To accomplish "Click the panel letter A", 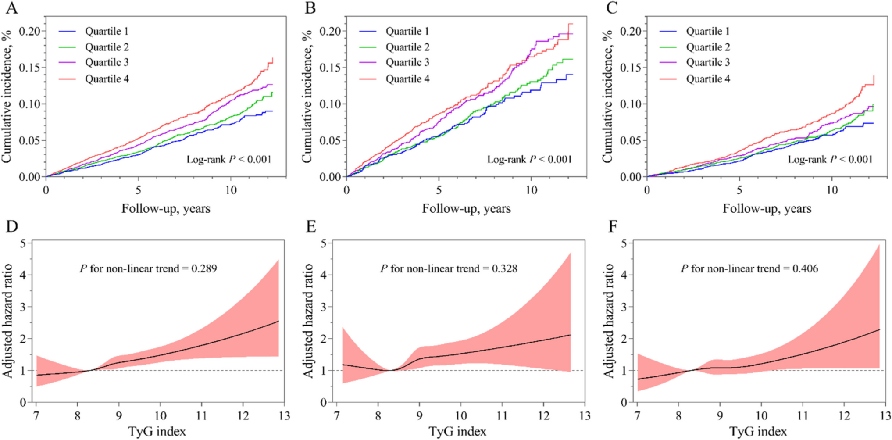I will (x=11, y=8).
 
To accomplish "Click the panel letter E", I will (x=311, y=226).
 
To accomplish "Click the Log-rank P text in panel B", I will (x=529, y=159).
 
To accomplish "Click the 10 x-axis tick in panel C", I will (x=831, y=190).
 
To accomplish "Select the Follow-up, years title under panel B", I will (x=466, y=208).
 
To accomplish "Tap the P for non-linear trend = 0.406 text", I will (x=749, y=268).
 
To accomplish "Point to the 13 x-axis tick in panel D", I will (x=285, y=415).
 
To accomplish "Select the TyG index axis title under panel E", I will (x=457, y=432).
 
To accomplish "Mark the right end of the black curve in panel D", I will (x=278, y=322).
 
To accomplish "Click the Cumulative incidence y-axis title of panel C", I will (x=607, y=97).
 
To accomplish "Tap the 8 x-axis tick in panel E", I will (x=378, y=415).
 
